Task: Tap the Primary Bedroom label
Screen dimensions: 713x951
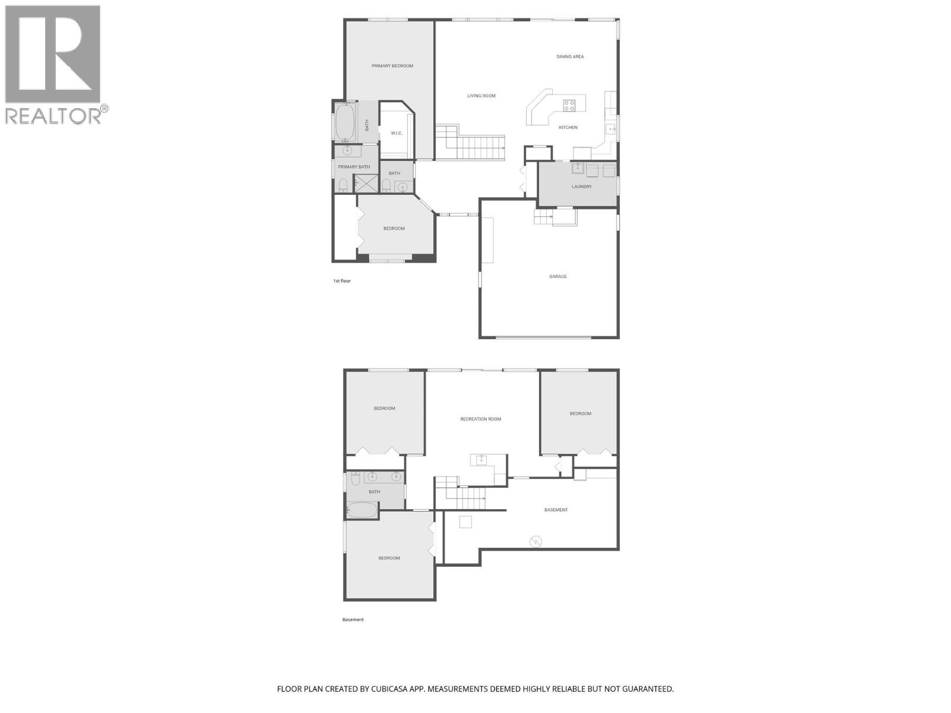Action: coord(392,66)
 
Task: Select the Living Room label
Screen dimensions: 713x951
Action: coord(481,96)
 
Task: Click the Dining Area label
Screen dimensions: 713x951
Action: coord(570,57)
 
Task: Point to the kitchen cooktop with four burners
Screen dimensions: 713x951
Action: coord(569,106)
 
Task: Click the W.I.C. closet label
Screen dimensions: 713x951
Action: coord(396,133)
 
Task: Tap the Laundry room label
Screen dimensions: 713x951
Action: coord(582,187)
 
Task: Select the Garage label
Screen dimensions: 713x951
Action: coord(558,276)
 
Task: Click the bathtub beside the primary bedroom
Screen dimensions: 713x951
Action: coord(345,122)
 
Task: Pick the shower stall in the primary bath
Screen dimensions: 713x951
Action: coord(366,184)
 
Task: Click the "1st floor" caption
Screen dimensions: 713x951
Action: coord(342,280)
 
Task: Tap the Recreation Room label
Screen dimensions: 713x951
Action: coord(480,419)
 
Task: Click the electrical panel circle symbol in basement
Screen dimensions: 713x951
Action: coord(536,542)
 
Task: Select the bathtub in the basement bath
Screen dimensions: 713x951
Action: coord(362,510)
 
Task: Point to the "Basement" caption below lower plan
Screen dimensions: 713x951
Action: coord(352,620)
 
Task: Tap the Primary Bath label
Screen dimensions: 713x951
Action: coord(354,167)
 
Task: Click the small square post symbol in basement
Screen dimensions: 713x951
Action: coord(466,522)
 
